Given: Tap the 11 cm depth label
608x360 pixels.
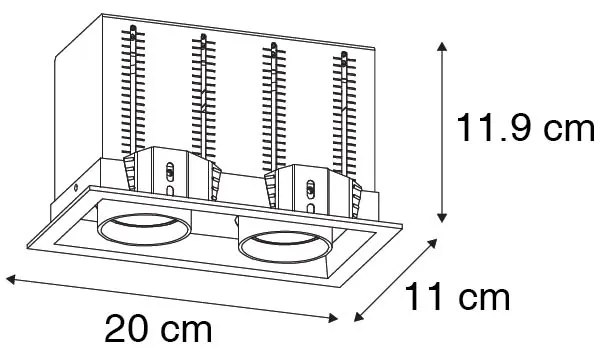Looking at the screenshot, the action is [456, 297].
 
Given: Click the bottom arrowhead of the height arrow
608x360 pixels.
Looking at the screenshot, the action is [443, 217].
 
